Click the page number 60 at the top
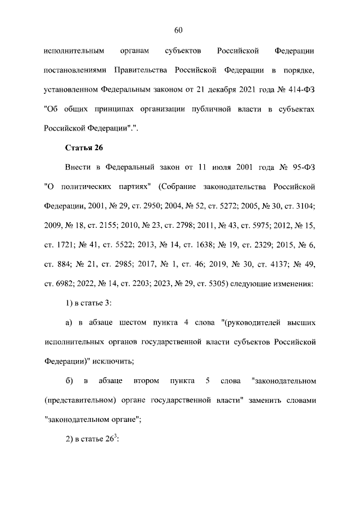click(x=179, y=30)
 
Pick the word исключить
click(x=110, y=362)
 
